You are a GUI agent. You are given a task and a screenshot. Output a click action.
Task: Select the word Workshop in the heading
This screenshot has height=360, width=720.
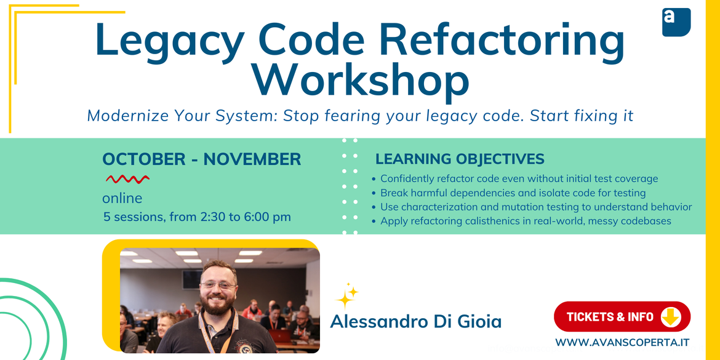coord(361,81)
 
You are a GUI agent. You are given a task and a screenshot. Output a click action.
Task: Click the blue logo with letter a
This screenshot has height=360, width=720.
coord(676,22)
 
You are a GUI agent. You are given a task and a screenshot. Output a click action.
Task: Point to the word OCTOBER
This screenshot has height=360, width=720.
coord(144,159)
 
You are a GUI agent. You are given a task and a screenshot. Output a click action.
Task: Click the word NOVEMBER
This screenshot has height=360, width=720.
coord(252,159)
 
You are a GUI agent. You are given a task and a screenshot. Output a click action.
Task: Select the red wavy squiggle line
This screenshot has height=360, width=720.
coord(127,178)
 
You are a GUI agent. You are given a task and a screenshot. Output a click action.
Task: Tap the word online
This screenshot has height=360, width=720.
coord(122,198)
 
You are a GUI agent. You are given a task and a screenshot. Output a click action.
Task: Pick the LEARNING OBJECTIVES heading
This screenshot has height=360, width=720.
coord(460,159)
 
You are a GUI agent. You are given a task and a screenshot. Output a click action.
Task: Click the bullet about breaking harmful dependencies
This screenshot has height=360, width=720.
coord(513,193)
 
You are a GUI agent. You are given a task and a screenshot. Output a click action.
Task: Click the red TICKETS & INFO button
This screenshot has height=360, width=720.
coord(622,316)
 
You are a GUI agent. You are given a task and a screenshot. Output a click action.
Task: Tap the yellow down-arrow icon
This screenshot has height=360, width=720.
coord(671,316)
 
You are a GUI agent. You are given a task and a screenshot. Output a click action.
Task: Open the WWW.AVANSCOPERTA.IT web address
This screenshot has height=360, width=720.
coord(622,343)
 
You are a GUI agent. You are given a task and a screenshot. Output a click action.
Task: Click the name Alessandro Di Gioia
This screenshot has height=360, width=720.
coord(415,322)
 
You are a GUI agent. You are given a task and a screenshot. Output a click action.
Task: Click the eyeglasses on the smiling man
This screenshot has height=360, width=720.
coord(218,285)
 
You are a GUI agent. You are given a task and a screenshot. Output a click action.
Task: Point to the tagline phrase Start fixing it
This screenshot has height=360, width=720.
coord(582,116)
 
